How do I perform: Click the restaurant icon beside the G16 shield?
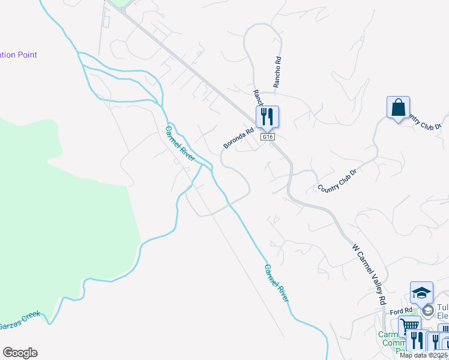268,116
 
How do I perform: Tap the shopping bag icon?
398,108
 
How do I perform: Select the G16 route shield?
268,137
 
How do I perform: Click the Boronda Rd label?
239,137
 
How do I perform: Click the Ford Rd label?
400,311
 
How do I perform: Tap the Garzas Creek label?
19,321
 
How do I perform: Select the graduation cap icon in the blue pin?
421,293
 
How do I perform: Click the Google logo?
20,353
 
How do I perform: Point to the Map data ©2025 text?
423,355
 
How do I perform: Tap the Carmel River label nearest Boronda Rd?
181,143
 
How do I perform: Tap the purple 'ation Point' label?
19,55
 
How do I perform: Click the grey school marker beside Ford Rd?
427,310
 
